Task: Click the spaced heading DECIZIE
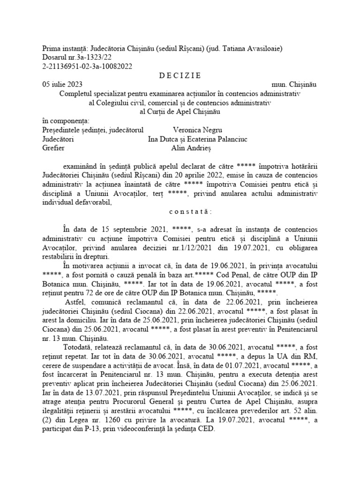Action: [x=180, y=75]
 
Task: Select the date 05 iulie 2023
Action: [x=63, y=84]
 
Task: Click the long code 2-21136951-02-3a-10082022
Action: [x=87, y=66]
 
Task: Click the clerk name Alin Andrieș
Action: [x=192, y=148]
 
